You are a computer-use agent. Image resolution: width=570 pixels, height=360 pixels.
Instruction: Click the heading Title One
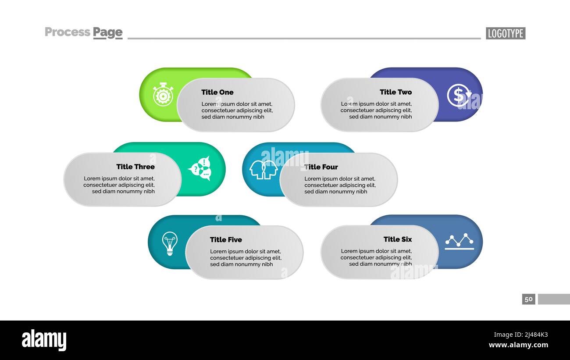[217, 92]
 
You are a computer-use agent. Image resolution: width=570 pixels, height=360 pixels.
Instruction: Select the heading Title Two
[395, 92]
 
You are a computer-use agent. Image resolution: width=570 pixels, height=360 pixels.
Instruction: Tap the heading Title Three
[135, 167]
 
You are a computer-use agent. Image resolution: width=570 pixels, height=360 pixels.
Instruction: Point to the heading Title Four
[321, 167]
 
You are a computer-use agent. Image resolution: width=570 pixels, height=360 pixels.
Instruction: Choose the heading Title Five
[226, 239]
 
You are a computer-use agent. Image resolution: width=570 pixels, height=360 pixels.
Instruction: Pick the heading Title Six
[397, 239]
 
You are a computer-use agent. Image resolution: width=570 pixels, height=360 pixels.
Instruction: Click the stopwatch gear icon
[163, 94]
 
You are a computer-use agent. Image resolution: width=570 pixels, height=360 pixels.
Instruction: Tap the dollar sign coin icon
[459, 95]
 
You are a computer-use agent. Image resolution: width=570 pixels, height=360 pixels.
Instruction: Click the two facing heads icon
[264, 169]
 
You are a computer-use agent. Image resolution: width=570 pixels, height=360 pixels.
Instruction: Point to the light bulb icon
[169, 243]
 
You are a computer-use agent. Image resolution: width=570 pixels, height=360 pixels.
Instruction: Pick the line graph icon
[459, 241]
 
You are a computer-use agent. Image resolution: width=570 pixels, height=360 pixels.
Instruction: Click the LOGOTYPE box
[505, 33]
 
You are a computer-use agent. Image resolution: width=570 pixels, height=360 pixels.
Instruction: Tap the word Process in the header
[68, 32]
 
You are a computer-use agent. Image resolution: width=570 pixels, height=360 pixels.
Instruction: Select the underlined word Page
[107, 32]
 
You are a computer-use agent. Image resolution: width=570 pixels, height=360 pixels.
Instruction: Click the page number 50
[528, 299]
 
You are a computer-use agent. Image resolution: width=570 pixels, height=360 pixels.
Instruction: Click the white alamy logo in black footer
[44, 340]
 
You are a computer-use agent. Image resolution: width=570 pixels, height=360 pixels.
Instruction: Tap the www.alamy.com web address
[518, 345]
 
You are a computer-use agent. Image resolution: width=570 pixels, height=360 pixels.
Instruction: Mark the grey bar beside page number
[554, 299]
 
